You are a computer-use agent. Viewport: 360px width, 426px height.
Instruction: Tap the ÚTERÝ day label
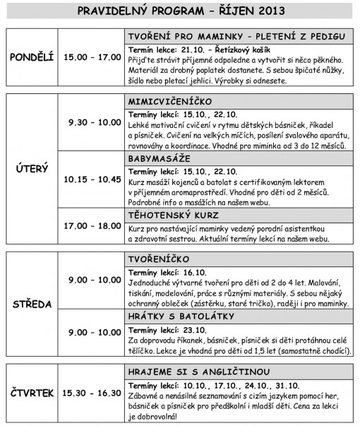(31, 170)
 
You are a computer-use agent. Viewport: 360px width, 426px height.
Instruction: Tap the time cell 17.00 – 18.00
(90, 226)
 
